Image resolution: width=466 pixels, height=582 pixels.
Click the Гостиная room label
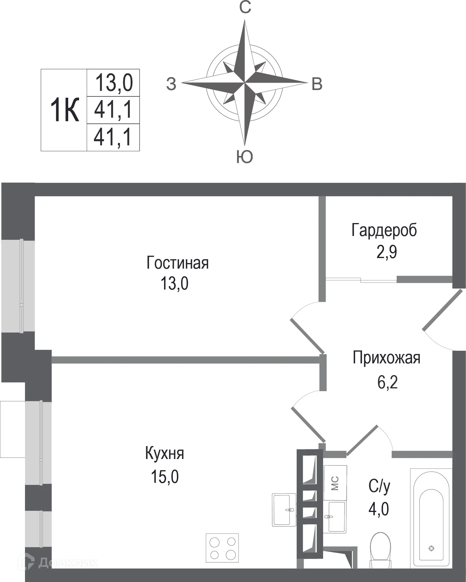[177, 263]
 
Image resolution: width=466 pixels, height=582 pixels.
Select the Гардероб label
[384, 230]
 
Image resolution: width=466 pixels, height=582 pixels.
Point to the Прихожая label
[386, 358]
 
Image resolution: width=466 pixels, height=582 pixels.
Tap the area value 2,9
[387, 252]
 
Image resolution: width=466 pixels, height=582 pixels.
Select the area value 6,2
[387, 383]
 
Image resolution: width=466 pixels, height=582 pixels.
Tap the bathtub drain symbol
[431, 548]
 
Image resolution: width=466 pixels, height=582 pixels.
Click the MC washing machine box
[335, 483]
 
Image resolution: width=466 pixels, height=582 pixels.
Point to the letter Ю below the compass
[245, 157]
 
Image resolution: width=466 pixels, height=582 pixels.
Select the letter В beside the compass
[317, 84]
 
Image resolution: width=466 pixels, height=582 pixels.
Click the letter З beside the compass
[171, 84]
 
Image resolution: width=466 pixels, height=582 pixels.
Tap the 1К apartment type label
[65, 110]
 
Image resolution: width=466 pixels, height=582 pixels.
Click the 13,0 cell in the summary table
[113, 83]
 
